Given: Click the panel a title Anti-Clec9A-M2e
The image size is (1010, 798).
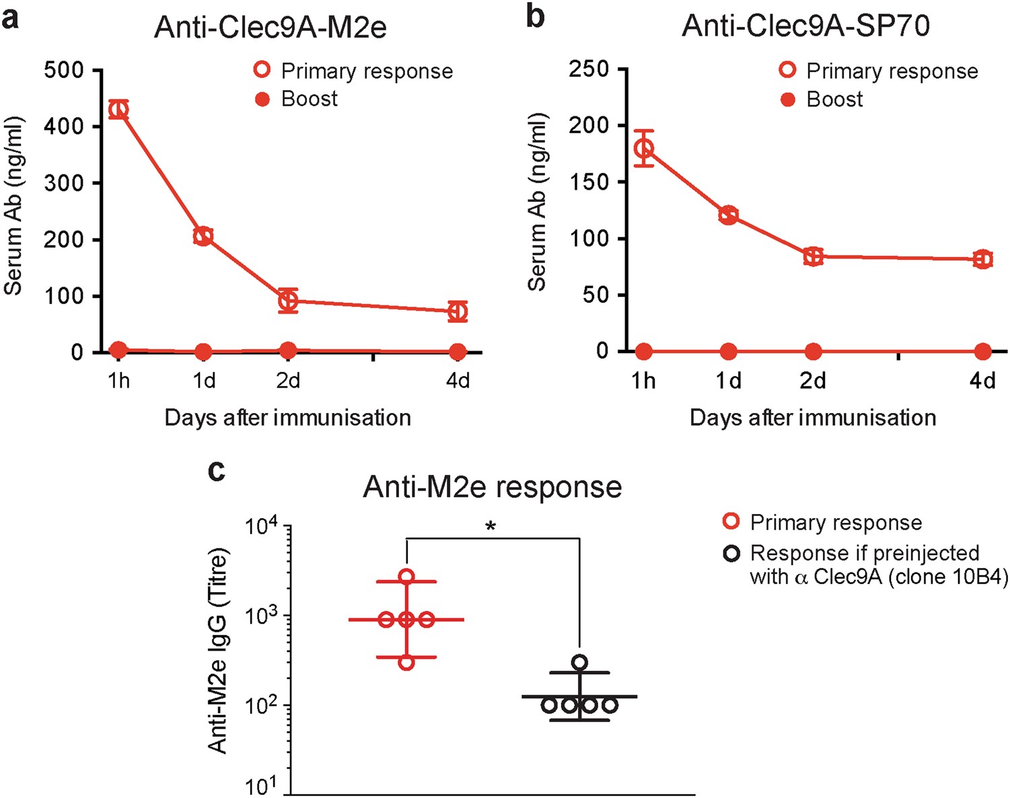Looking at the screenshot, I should (270, 27).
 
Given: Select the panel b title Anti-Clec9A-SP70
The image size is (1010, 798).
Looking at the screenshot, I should (805, 26).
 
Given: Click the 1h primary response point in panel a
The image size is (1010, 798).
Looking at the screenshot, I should (118, 109).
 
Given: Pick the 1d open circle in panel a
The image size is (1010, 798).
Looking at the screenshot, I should (203, 236).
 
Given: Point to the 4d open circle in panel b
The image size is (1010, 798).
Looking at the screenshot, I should (982, 260).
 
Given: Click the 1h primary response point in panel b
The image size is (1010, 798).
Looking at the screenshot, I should (644, 148).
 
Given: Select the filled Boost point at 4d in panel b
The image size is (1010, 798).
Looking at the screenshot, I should (982, 351).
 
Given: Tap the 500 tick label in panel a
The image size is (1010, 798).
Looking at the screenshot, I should (64, 70).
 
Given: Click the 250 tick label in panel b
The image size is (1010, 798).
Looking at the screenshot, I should (589, 69).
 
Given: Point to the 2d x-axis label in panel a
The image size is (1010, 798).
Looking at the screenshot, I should (288, 381).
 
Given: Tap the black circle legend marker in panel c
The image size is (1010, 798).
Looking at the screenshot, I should (731, 553).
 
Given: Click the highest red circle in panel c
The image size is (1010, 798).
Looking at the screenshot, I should (406, 577).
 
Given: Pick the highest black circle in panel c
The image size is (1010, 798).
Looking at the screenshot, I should (579, 663).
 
